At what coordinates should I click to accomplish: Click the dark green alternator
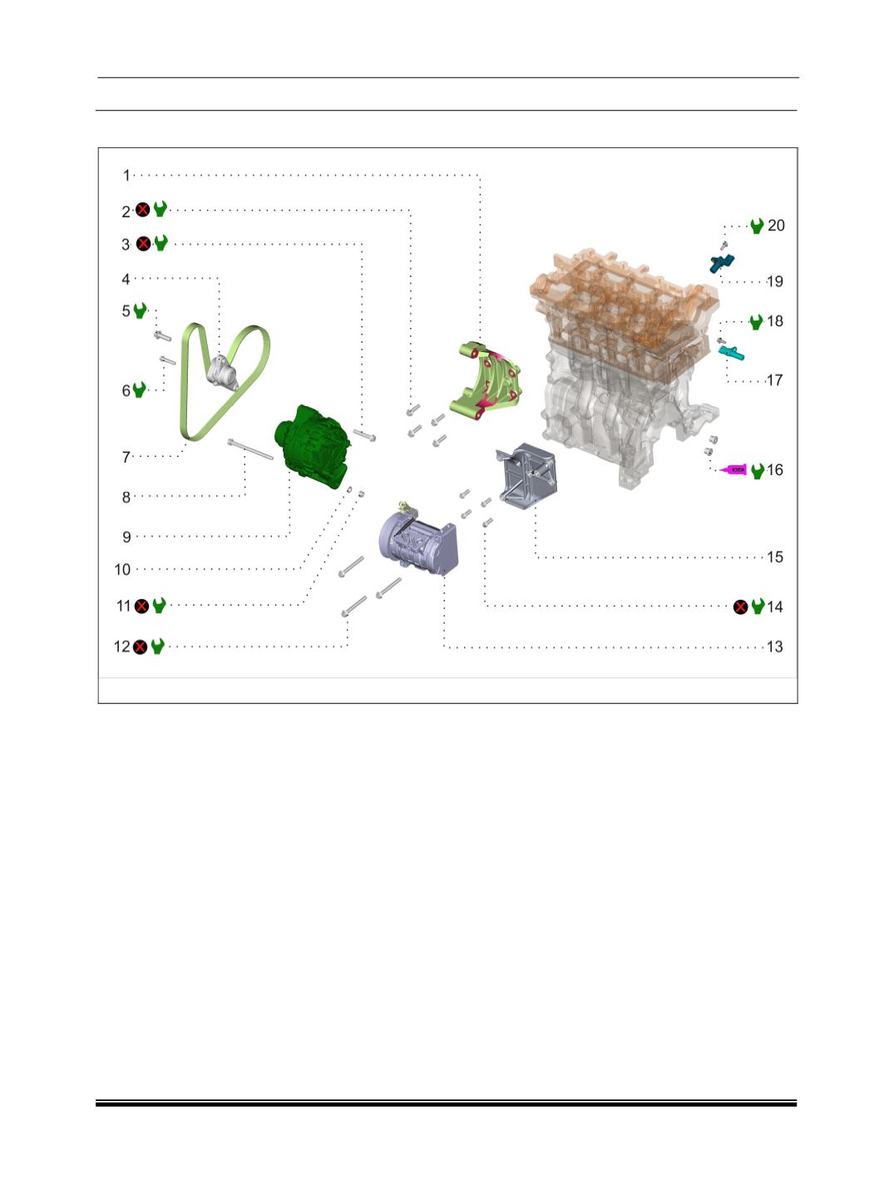(x=313, y=447)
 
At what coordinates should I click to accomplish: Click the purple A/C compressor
(x=418, y=542)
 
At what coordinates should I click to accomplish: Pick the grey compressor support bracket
(x=526, y=476)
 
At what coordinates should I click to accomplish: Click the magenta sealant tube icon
(x=732, y=469)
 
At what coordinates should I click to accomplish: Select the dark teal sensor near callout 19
(x=722, y=263)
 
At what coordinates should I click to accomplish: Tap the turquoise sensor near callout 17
(x=732, y=353)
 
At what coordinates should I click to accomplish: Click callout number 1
(x=126, y=176)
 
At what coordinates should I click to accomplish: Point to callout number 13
(x=774, y=647)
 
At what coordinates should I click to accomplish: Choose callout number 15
(x=775, y=557)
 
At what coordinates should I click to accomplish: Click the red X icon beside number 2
(x=142, y=210)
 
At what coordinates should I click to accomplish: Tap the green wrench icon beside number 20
(x=757, y=226)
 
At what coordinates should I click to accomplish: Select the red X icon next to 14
(x=741, y=607)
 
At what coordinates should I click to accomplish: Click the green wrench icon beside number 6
(x=139, y=389)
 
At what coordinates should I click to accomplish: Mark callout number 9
(x=126, y=537)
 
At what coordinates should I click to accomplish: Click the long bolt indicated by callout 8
(x=250, y=449)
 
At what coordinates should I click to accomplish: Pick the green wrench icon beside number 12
(x=157, y=647)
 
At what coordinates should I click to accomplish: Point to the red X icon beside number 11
(x=141, y=607)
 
